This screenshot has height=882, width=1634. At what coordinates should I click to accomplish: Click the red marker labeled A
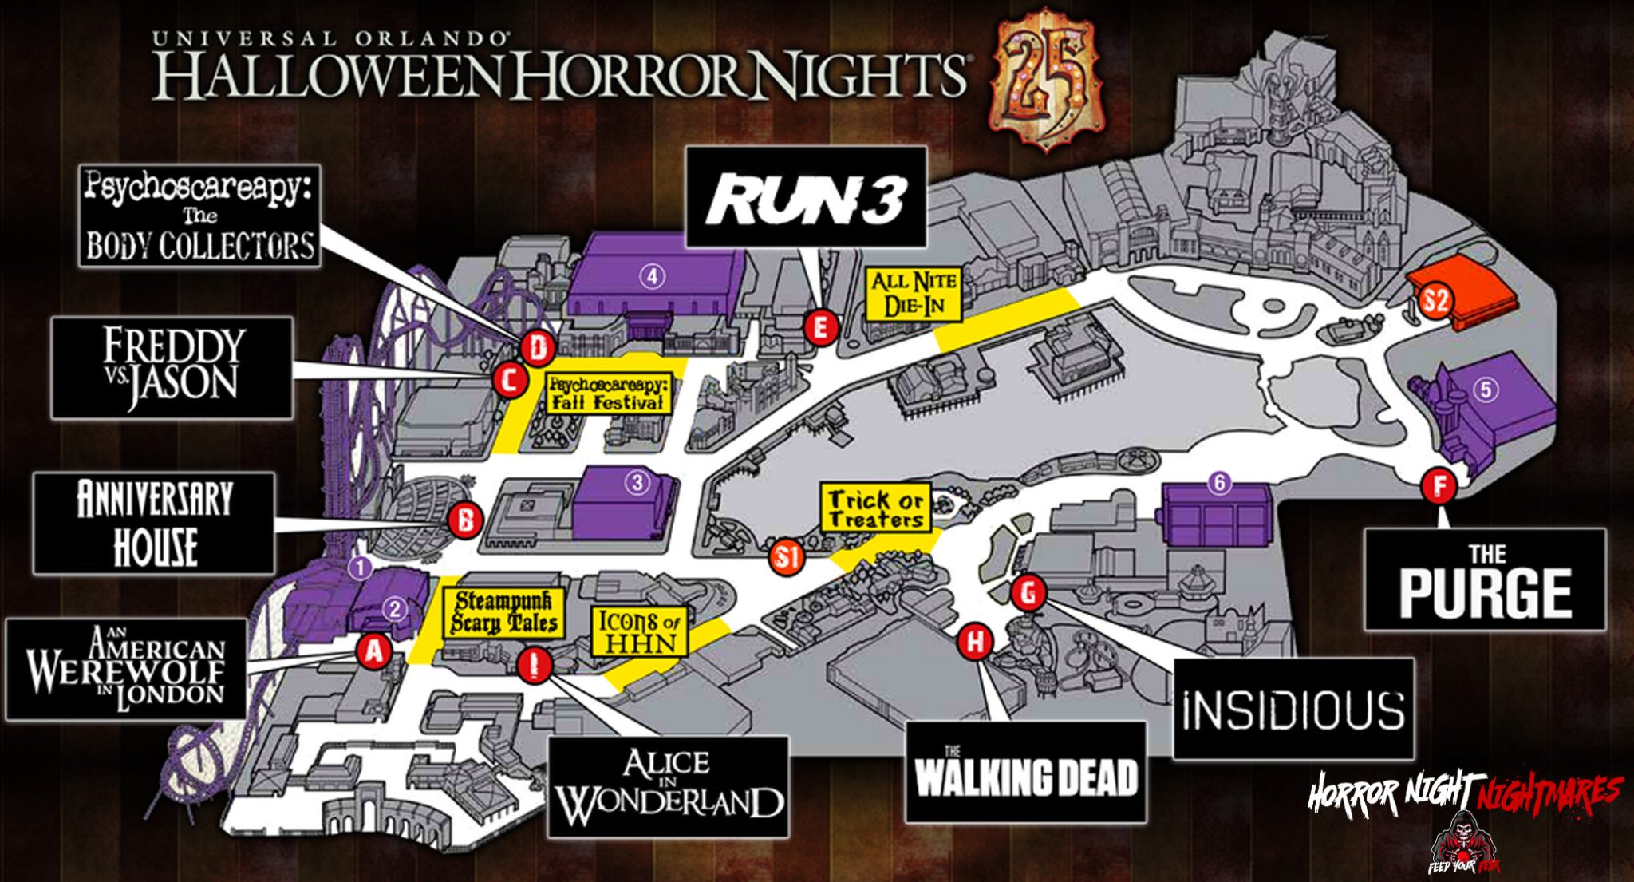[373, 652]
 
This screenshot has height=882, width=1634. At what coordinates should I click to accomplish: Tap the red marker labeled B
[464, 521]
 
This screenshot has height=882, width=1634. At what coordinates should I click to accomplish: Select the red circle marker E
[820, 327]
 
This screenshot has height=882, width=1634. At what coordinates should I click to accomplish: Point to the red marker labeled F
[1439, 485]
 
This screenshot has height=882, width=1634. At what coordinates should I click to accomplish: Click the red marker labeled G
[1028, 593]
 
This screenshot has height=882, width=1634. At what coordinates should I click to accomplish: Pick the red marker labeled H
[974, 642]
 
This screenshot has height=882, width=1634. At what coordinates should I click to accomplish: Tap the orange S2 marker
[1435, 301]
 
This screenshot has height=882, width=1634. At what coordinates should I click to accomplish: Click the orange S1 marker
[787, 559]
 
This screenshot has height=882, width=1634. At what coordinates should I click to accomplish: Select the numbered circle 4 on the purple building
[653, 276]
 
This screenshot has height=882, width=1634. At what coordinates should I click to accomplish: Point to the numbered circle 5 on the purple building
[1486, 390]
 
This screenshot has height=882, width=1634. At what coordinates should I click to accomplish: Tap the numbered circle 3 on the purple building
[637, 482]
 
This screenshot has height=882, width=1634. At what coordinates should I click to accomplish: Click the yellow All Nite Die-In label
[914, 294]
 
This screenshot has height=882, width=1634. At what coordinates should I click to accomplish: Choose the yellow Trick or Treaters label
[876, 508]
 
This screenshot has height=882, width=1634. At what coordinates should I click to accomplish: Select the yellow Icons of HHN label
[640, 631]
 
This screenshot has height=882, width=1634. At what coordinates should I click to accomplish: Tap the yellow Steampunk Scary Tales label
[506, 613]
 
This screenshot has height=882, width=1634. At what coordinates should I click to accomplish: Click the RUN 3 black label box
[807, 197]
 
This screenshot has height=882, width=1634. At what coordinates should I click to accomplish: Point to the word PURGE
[1485, 593]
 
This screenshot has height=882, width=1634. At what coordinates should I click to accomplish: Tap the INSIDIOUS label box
[1293, 709]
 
